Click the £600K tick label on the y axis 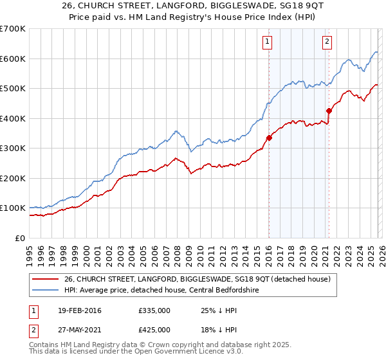pyautogui.click(x=13, y=59)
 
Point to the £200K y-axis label pyautogui.click(x=13, y=178)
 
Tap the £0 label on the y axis pyautogui.click(x=21, y=238)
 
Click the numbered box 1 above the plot pyautogui.click(x=267, y=42)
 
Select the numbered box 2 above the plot pyautogui.click(x=327, y=42)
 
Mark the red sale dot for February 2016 pyautogui.click(x=269, y=138)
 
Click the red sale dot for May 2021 pyautogui.click(x=329, y=111)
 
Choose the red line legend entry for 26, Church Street pyautogui.click(x=198, y=279)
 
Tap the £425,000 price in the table pyautogui.click(x=154, y=330)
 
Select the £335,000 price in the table pyautogui.click(x=154, y=310)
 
